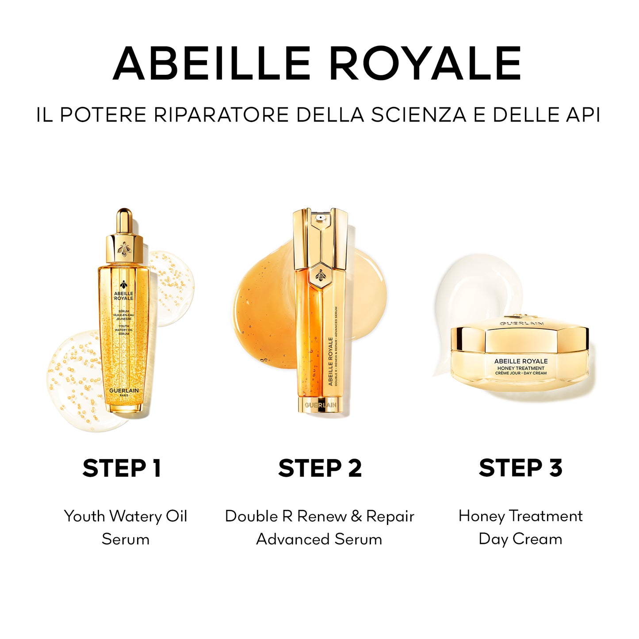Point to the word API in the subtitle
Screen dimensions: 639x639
pos(583,115)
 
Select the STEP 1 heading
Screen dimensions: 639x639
pos(122,468)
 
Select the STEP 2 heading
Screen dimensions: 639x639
pos(320,468)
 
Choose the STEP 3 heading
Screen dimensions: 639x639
pos(520,468)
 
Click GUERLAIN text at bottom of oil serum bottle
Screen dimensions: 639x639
pos(124,390)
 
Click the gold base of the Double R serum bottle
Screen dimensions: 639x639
pos(321,405)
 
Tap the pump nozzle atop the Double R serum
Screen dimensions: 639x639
pos(320,218)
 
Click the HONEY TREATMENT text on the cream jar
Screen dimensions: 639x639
pos(520,368)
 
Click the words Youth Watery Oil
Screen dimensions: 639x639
pos(126,516)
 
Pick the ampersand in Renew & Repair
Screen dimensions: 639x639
pos(356,516)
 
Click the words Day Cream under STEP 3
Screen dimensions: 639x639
pos(520,539)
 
